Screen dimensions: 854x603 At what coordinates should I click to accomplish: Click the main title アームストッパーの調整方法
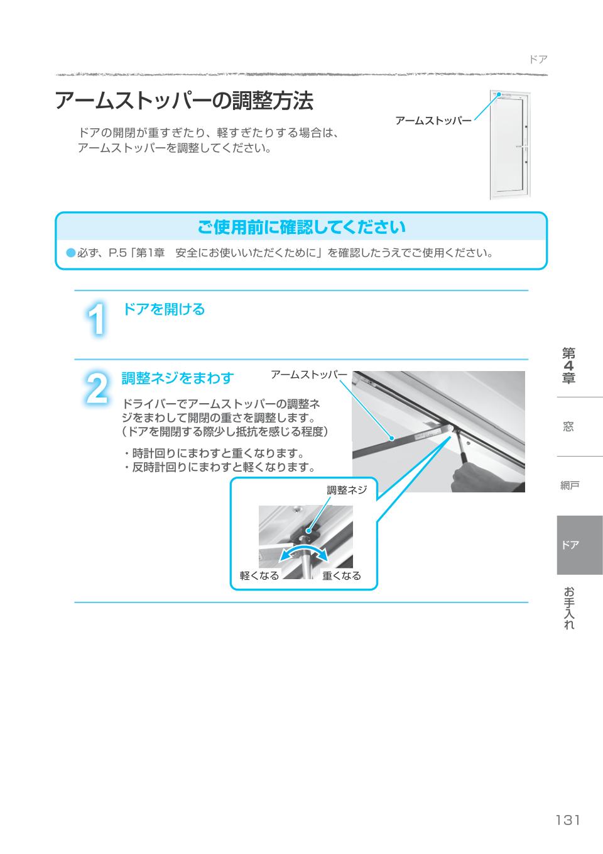[x=183, y=101]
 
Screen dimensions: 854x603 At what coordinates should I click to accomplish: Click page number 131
[x=567, y=820]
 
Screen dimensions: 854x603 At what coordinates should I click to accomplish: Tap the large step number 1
[x=96, y=319]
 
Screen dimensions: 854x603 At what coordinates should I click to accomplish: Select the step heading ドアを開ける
[x=163, y=309]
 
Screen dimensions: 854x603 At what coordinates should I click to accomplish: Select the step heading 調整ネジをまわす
[x=177, y=378]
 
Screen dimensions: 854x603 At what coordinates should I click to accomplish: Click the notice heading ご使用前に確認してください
[x=301, y=227]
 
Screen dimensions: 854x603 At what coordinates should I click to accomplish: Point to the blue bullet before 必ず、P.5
[x=70, y=253]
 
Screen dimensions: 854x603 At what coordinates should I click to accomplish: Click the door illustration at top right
[x=511, y=145]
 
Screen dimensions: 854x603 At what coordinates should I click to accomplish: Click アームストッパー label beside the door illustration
[x=433, y=121]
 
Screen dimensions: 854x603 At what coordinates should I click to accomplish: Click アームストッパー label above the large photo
[x=308, y=375]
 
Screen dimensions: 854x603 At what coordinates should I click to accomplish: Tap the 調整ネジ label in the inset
[x=346, y=490]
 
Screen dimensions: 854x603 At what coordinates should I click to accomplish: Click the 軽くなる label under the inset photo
[x=259, y=575]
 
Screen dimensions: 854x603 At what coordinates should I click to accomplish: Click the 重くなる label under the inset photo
[x=342, y=575]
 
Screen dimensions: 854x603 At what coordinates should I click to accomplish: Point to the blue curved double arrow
[x=303, y=553]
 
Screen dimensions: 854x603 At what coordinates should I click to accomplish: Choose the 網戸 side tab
[x=570, y=485]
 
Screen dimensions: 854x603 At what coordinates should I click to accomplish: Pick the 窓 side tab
[x=568, y=426]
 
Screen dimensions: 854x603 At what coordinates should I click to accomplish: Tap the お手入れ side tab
[x=569, y=608]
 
